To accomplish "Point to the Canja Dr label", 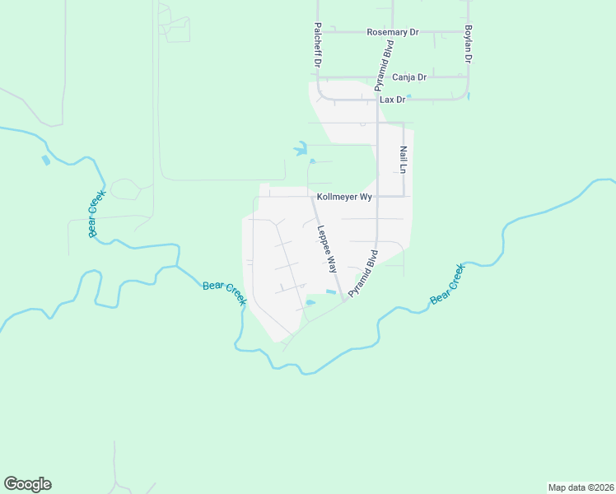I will pyautogui.click(x=409, y=77).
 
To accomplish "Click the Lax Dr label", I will pyautogui.click(x=393, y=100).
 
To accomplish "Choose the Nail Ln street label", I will pyautogui.click(x=404, y=159).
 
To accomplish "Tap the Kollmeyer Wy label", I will pyautogui.click(x=345, y=198).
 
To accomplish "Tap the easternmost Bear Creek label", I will pyautogui.click(x=447, y=283).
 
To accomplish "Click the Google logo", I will pyautogui.click(x=27, y=484).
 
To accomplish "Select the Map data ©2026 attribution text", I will pyautogui.click(x=581, y=487).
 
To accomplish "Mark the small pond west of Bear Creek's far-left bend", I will pyautogui.click(x=44, y=161).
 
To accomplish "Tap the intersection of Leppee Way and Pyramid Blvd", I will pyautogui.click(x=343, y=299).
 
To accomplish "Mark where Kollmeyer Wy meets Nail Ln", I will pyautogui.click(x=404, y=197).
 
